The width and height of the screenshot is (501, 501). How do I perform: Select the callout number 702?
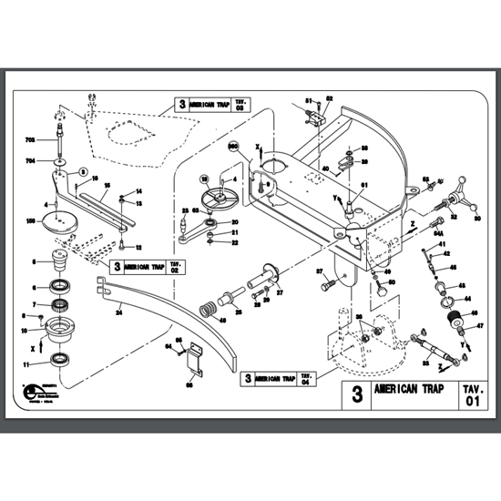tap(29, 139)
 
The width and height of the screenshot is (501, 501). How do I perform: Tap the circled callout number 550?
tap(233, 146)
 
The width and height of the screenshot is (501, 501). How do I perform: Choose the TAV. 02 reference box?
tap(176, 267)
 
